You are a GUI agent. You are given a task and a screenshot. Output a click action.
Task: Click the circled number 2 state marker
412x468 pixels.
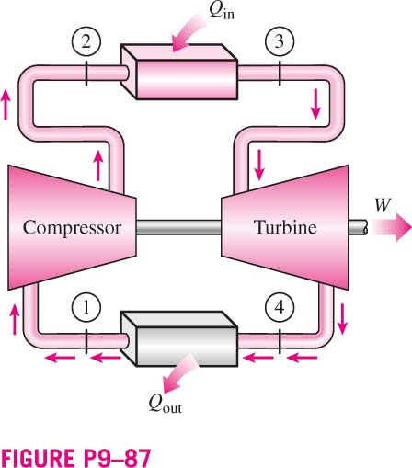(86, 41)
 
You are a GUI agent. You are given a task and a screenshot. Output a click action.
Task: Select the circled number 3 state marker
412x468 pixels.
(280, 41)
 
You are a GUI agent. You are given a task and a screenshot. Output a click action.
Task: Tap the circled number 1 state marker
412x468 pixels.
(86, 307)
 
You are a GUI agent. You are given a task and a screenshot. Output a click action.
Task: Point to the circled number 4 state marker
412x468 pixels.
(280, 307)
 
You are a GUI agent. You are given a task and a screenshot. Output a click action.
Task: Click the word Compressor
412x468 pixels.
(73, 228)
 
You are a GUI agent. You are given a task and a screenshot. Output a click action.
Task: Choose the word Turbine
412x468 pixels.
(285, 227)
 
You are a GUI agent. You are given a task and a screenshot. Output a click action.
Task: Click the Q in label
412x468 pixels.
(222, 11)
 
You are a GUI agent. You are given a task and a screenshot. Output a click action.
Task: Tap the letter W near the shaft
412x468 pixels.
(383, 205)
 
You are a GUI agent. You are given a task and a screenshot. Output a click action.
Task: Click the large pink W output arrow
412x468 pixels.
(392, 227)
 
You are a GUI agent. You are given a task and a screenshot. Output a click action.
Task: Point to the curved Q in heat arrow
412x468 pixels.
(188, 34)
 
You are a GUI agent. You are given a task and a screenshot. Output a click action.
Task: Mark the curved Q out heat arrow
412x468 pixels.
(180, 373)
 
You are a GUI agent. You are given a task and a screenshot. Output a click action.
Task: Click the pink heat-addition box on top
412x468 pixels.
(178, 72)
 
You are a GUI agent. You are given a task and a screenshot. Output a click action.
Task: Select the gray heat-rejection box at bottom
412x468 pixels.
(178, 338)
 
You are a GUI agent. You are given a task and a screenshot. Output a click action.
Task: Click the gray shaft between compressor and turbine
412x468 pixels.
(178, 227)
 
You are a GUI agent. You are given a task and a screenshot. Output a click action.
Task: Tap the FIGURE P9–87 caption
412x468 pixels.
(75, 458)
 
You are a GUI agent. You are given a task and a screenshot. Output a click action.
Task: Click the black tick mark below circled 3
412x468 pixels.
(280, 74)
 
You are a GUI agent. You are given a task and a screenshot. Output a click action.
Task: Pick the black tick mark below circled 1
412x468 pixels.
(86, 341)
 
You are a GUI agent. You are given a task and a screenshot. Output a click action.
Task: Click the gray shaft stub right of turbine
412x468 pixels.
(358, 227)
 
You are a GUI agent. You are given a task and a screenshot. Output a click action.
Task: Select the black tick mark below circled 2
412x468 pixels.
(86, 74)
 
